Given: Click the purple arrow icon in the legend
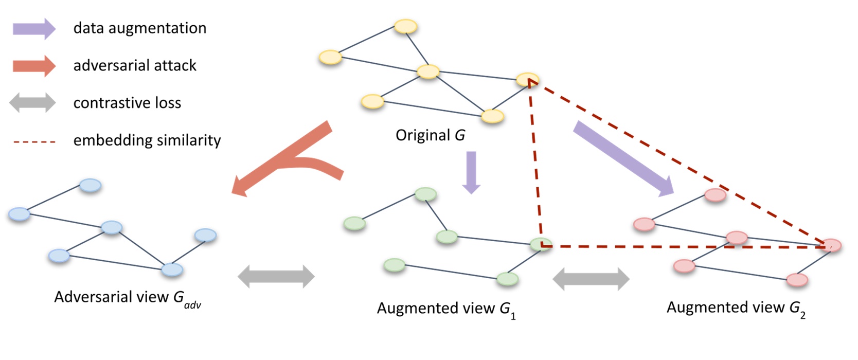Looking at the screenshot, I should pos(34,29).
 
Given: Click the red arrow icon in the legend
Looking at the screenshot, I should pos(34,66).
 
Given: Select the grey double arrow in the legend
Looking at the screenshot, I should pos(32,103).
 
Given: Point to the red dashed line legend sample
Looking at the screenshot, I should pos(34,141).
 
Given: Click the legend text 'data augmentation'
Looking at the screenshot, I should pos(139,28).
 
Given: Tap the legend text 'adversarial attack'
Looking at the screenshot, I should pos(135,66).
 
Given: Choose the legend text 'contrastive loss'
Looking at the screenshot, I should pos(127,103).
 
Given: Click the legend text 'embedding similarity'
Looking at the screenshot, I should pos(147,140).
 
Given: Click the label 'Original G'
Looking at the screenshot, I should pos(430,135).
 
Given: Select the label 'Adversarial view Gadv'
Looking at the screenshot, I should pos(127,298).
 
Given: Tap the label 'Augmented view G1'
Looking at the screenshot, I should pos(446,309).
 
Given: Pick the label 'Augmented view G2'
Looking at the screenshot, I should pos(736,308).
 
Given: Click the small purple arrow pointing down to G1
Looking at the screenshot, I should pos(471,172).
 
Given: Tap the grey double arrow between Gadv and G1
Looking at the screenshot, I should pos(276,277).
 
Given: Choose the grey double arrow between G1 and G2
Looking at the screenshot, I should pos(591,279).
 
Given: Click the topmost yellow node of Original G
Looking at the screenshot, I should pos(405,26).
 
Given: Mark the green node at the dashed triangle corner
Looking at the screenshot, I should pos(541,245).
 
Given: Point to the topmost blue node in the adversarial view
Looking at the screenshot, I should pos(91,185).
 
